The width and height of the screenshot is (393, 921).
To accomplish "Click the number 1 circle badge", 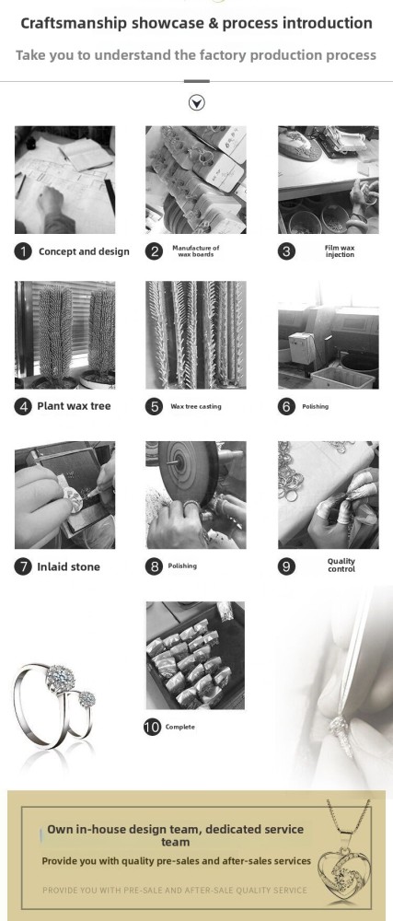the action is pyautogui.click(x=23, y=251).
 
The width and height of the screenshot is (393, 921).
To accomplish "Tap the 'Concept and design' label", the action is pyautogui.click(x=84, y=251).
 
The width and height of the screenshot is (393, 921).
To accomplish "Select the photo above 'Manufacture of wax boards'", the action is pyautogui.click(x=196, y=180).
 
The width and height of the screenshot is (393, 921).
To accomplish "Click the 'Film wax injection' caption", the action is pyautogui.click(x=340, y=251).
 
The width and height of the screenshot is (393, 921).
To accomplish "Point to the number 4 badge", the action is pyautogui.click(x=23, y=406).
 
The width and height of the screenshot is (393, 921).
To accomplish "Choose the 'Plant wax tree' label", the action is pyautogui.click(x=74, y=406).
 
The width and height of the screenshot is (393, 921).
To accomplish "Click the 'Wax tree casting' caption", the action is pyautogui.click(x=196, y=406).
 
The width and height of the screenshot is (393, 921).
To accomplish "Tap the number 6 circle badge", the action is pyautogui.click(x=286, y=406).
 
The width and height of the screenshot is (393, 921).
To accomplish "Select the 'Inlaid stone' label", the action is pyautogui.click(x=69, y=566).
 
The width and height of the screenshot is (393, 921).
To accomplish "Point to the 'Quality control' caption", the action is pyautogui.click(x=341, y=565).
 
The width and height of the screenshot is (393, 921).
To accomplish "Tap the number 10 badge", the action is pyautogui.click(x=152, y=727).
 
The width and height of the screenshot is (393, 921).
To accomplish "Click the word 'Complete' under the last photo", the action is pyautogui.click(x=180, y=728).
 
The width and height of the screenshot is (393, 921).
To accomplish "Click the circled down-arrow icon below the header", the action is pyautogui.click(x=197, y=103).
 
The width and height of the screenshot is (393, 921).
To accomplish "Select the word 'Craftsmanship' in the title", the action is pyautogui.click(x=74, y=24).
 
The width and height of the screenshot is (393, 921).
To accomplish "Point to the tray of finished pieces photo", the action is pyautogui.click(x=195, y=656).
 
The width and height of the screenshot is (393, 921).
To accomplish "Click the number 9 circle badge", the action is pyautogui.click(x=286, y=566).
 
